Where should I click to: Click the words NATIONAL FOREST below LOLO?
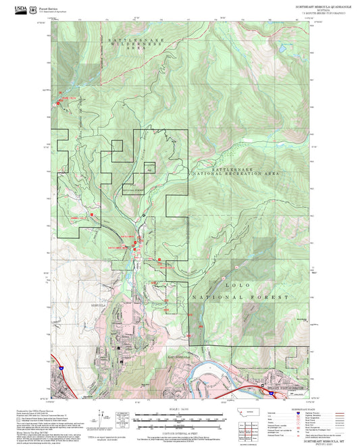pyautogui.click(x=240, y=297)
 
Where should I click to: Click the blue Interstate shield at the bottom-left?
pyautogui.click(x=61, y=369)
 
